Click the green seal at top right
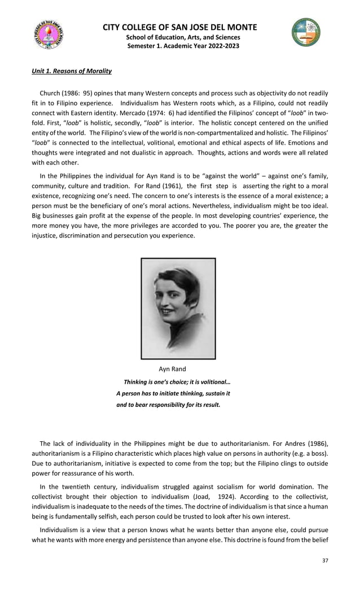305,32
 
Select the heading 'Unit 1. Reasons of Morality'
71,71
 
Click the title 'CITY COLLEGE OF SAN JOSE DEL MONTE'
180,27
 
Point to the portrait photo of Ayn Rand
178,308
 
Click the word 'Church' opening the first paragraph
50,92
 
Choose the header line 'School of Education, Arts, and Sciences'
180,37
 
